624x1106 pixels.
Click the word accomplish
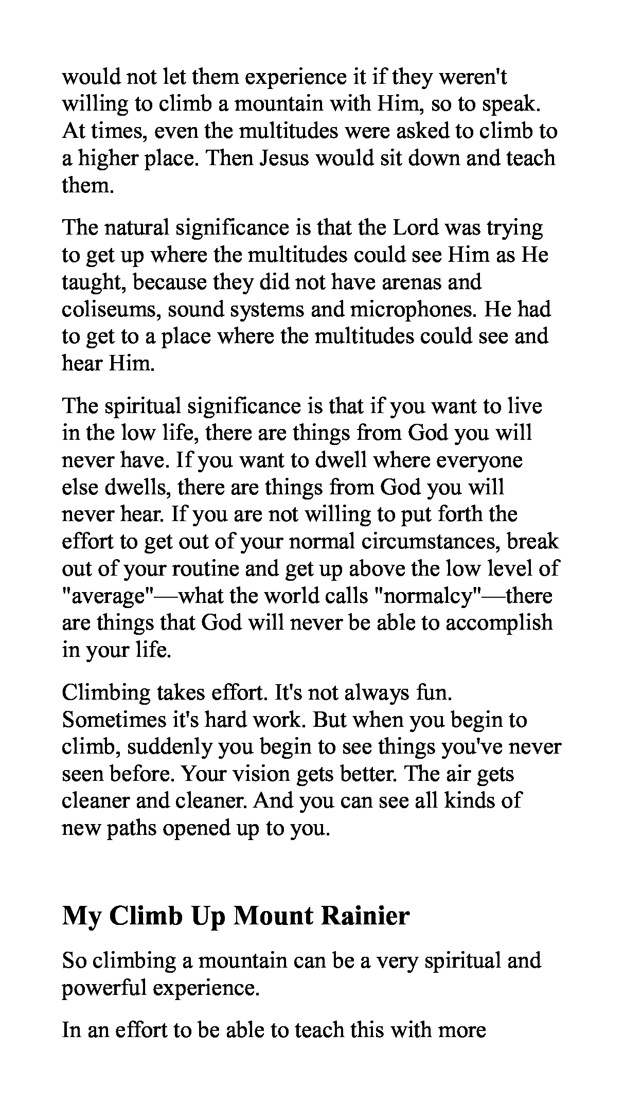point(498,623)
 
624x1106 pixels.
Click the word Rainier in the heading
point(365,916)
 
